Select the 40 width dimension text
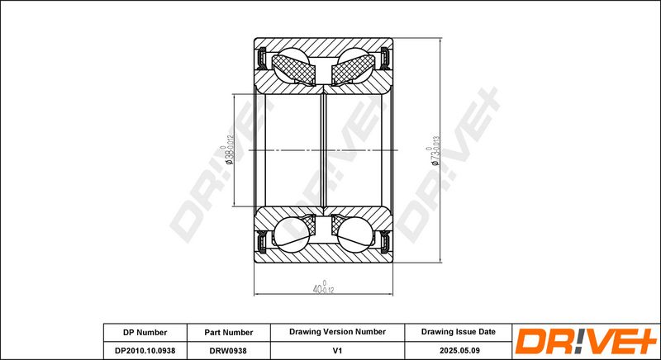(x=323, y=287)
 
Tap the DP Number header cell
(x=145, y=332)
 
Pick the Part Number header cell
(x=229, y=332)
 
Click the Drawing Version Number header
(x=337, y=332)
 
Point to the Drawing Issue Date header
(x=459, y=332)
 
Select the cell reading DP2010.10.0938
(x=145, y=350)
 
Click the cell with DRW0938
(x=229, y=350)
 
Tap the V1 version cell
(x=337, y=350)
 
